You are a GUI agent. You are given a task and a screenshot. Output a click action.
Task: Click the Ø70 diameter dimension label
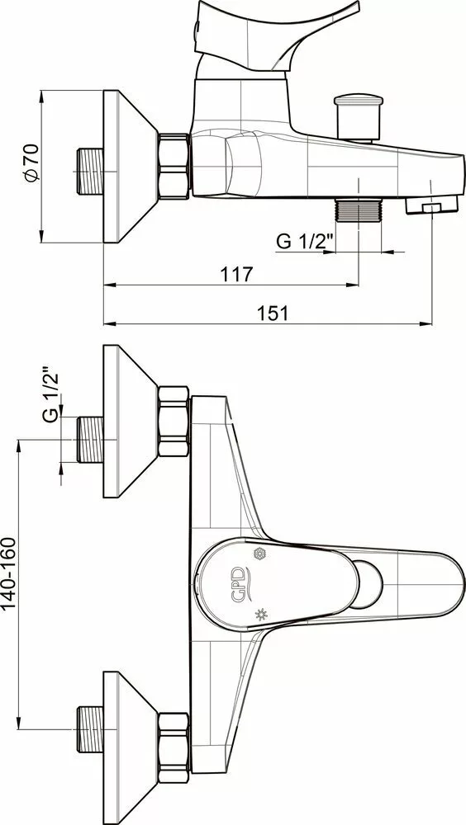(x=31, y=163)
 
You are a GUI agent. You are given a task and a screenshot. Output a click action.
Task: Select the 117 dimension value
(x=237, y=274)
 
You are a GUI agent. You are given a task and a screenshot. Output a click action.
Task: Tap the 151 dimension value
(x=273, y=313)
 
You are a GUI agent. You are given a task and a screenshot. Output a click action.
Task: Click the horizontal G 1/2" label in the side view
(x=305, y=242)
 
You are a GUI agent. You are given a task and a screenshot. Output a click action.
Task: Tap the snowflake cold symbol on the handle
(x=259, y=554)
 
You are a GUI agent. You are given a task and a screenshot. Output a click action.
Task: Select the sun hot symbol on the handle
(x=261, y=614)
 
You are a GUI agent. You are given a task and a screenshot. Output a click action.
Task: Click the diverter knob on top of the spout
(x=359, y=117)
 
